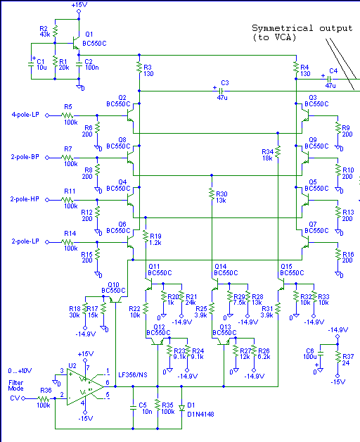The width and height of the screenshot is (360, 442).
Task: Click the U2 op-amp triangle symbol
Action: (x=85, y=386)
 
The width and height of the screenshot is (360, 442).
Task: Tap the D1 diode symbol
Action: (x=181, y=408)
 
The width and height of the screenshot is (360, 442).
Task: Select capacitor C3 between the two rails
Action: (x=221, y=91)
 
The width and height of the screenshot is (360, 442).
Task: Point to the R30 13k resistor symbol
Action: (x=212, y=194)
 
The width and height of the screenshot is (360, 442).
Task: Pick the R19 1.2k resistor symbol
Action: (x=146, y=236)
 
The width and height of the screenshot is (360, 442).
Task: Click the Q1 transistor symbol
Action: (x=76, y=43)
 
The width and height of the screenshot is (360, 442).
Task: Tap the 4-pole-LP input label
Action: (x=25, y=115)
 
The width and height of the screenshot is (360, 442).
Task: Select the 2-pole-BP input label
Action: (x=25, y=157)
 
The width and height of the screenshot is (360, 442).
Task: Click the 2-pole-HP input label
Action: (x=25, y=199)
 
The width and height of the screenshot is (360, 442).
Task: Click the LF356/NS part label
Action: (x=133, y=375)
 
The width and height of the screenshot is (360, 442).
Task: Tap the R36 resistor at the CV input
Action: (x=44, y=398)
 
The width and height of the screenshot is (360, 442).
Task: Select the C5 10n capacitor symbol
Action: (x=133, y=408)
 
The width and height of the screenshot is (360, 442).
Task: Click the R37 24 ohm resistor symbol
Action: (x=337, y=357)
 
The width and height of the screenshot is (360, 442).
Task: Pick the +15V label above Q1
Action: (x=79, y=5)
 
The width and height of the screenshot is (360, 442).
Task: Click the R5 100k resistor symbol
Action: (x=67, y=115)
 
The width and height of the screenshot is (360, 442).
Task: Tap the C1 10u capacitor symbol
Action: (x=31, y=64)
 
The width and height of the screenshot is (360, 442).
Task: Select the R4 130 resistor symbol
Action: (x=296, y=67)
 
